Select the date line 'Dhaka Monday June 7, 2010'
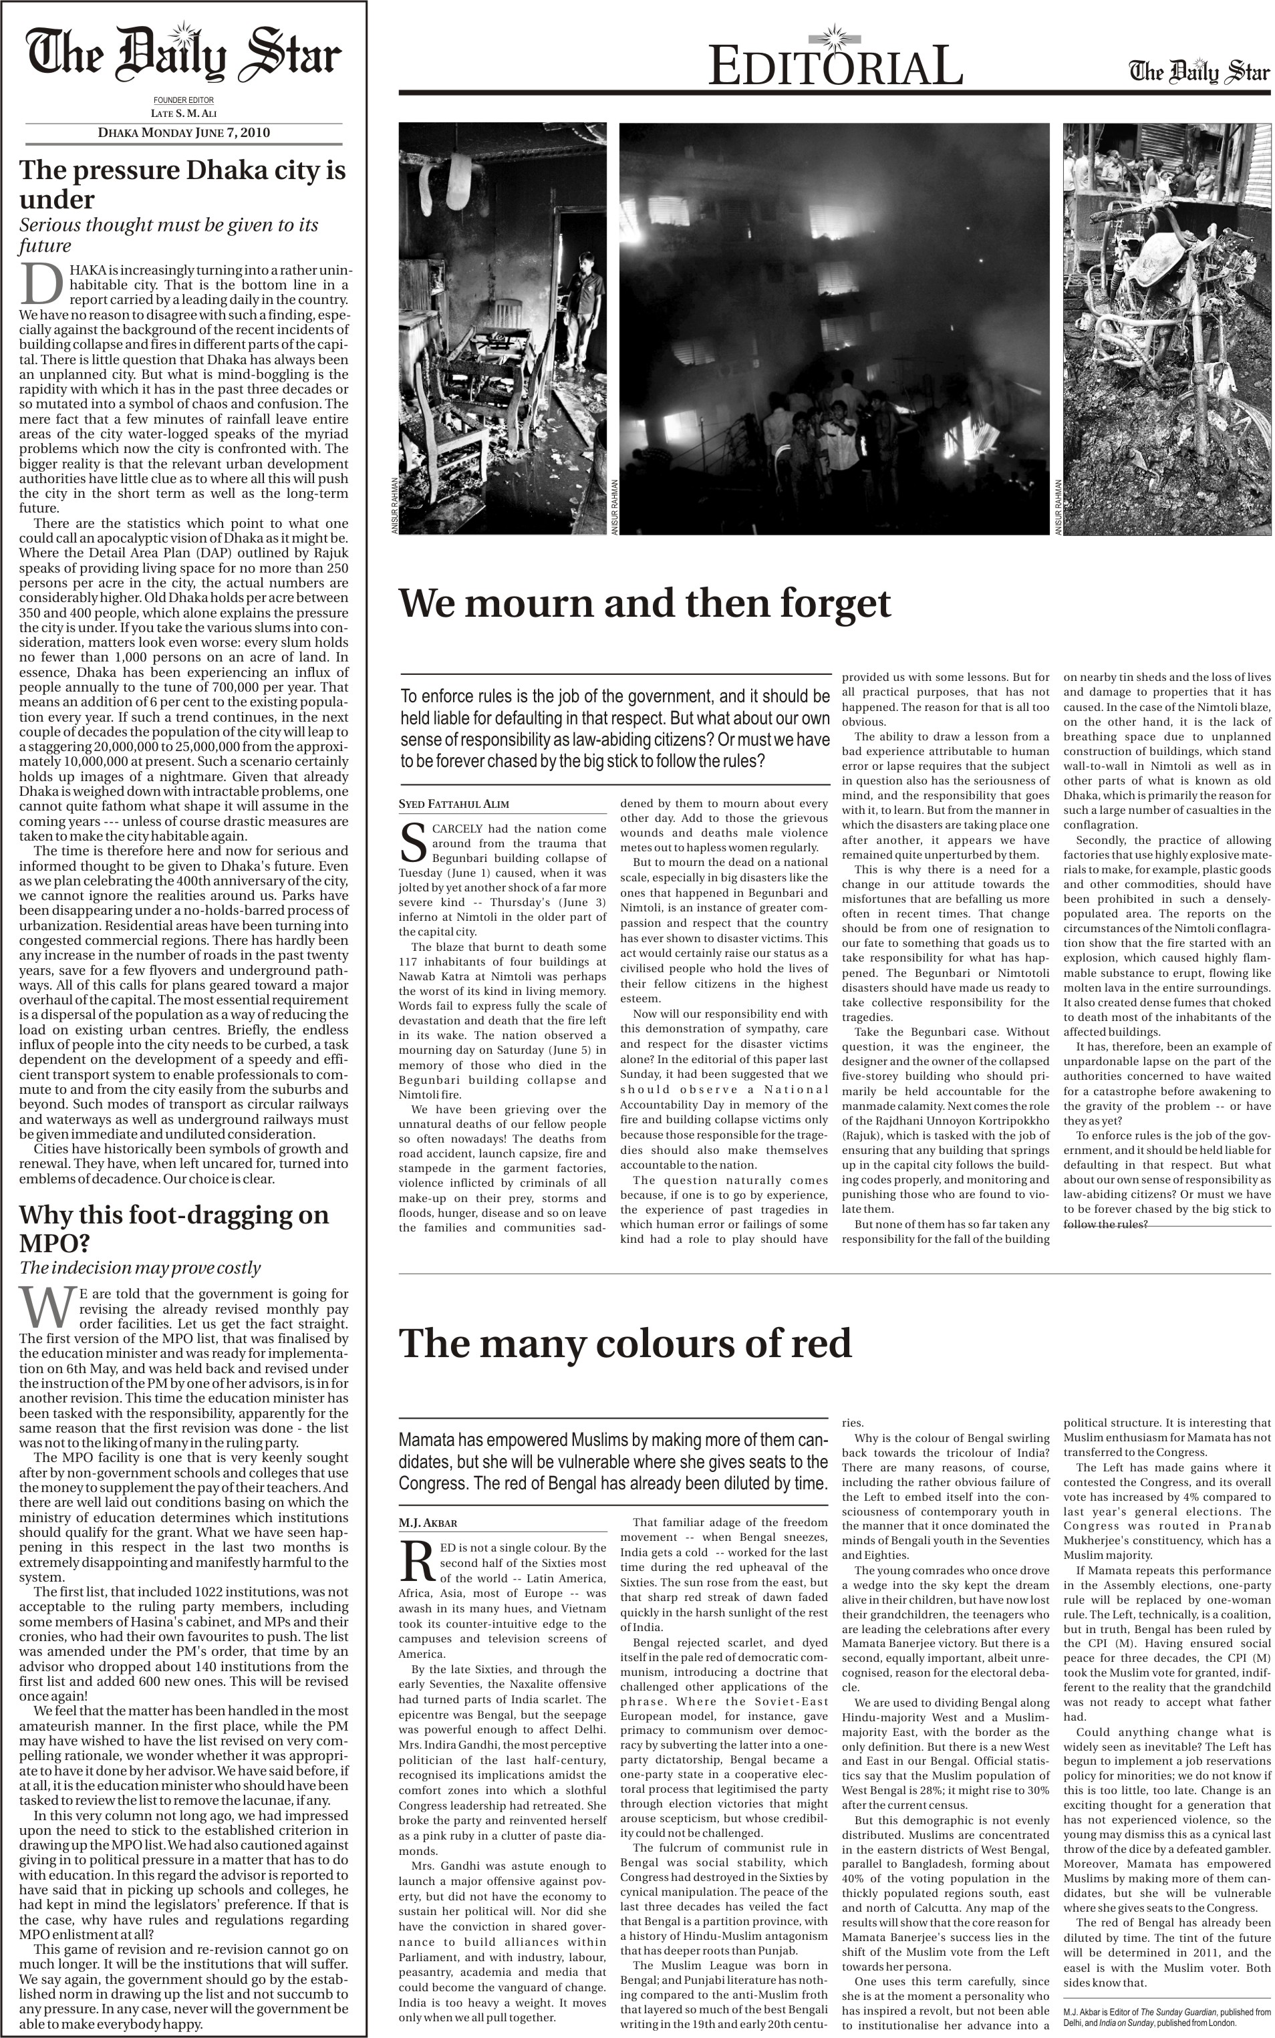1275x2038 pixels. (184, 132)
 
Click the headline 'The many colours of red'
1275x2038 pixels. (625, 1343)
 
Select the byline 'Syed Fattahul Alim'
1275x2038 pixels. (454, 805)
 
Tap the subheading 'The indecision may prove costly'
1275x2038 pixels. (140, 1268)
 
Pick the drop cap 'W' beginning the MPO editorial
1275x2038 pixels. (48, 1307)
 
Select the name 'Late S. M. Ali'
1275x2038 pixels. (184, 113)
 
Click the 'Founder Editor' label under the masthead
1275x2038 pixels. (184, 100)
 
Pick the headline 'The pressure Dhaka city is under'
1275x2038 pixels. (182, 184)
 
